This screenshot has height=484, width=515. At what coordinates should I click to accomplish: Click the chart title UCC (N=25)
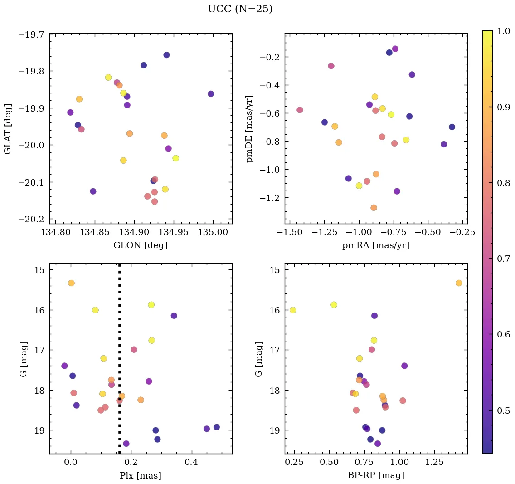click(x=240, y=9)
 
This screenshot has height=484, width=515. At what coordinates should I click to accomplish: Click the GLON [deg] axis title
click(x=141, y=245)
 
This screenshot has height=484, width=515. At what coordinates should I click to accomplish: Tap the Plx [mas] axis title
click(x=141, y=475)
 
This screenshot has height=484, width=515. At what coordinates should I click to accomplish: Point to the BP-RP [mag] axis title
click(x=376, y=475)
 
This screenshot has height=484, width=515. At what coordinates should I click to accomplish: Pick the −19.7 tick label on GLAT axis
click(x=31, y=34)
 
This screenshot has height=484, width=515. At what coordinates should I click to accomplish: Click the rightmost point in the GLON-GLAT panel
click(x=211, y=94)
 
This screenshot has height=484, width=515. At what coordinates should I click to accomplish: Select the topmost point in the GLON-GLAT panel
click(x=166, y=55)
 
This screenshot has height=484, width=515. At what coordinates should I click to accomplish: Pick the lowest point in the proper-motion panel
click(x=374, y=208)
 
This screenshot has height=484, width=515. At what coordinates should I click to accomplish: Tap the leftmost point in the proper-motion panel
click(x=300, y=110)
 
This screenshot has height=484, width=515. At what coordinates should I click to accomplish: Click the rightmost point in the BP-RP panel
click(x=459, y=283)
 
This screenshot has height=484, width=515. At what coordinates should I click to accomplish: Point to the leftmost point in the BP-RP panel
click(x=293, y=310)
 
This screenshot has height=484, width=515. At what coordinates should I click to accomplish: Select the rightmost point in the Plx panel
click(x=217, y=427)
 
